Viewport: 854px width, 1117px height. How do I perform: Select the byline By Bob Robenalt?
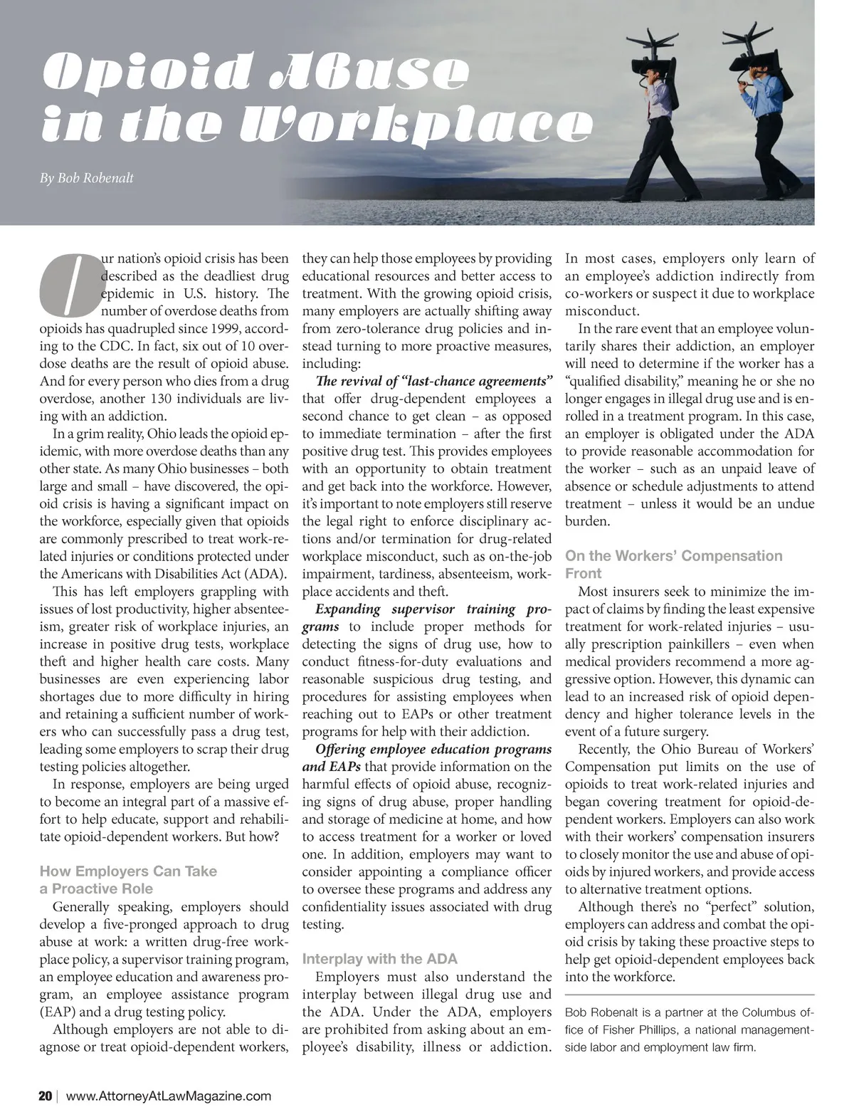87,178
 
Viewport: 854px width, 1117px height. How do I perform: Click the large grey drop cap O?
70,284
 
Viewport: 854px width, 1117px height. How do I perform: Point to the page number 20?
45,1096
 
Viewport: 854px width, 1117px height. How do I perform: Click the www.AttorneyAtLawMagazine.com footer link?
168,1096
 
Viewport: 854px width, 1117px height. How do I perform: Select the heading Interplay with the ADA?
380,958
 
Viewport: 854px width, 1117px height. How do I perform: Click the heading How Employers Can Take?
128,871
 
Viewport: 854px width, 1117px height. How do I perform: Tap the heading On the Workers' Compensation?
673,556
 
